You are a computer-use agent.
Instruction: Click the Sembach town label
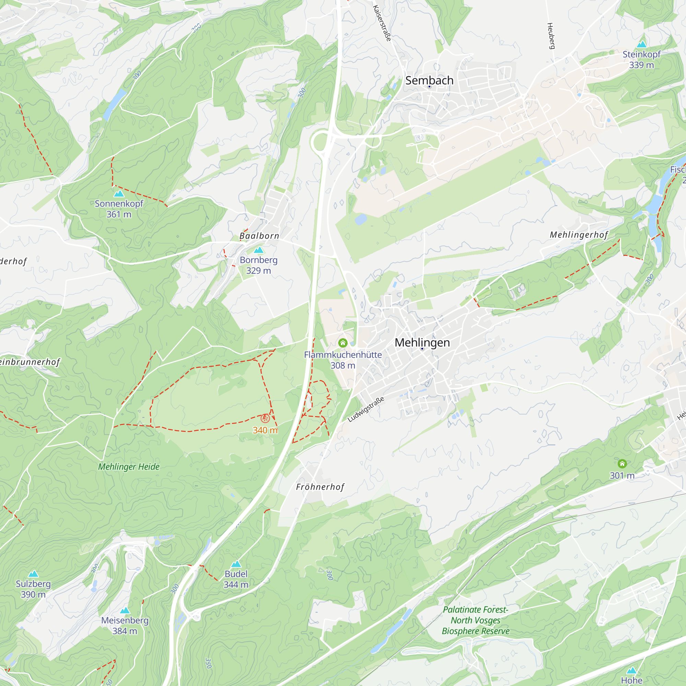[x=429, y=81]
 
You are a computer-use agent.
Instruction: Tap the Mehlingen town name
[x=422, y=343]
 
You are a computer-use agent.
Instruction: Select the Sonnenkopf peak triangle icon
[x=119, y=193]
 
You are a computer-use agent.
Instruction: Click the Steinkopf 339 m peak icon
[x=641, y=44]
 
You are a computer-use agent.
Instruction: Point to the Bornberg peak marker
[x=259, y=250]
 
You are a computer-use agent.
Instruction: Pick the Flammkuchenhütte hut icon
[x=343, y=343]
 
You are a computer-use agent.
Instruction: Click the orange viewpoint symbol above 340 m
[x=265, y=418]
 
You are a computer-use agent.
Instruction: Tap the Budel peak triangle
[x=236, y=564]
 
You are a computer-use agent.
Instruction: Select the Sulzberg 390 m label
[x=33, y=589]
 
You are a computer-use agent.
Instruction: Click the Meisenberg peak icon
[x=125, y=611]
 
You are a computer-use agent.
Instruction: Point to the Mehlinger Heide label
[x=129, y=466]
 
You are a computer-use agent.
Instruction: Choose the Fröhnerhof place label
[x=320, y=487]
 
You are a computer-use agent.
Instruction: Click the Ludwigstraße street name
[x=366, y=410]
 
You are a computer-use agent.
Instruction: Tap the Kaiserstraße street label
[x=382, y=23]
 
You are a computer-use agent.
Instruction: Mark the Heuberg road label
[x=551, y=36]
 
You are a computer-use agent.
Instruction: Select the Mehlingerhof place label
[x=579, y=235]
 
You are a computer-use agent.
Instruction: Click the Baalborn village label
[x=259, y=236]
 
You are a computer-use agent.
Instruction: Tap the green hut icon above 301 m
[x=622, y=464]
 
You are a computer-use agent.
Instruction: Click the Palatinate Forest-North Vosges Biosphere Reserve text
[x=475, y=620]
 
